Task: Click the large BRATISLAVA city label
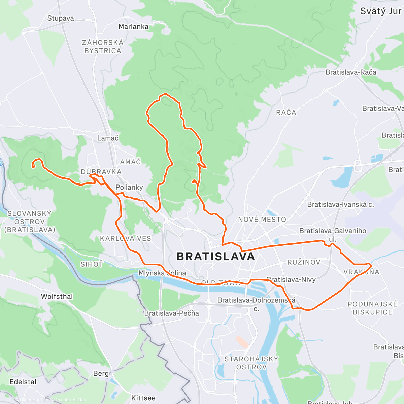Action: click(216, 257)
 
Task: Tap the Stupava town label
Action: click(61, 18)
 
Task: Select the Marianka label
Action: click(133, 26)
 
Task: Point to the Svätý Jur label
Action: click(380, 11)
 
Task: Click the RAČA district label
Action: click(286, 112)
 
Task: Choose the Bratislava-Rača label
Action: click(351, 72)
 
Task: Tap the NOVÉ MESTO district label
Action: click(262, 220)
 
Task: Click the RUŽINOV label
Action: click(304, 262)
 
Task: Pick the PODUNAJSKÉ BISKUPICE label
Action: click(372, 308)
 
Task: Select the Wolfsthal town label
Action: click(57, 296)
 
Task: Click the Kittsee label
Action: click(143, 398)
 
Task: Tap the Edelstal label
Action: click(23, 382)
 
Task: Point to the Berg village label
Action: click(101, 373)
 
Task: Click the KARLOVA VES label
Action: click(126, 238)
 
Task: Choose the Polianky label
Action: click(129, 187)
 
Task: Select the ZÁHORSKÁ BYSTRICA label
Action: click(103, 47)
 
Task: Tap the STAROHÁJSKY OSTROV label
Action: click(251, 363)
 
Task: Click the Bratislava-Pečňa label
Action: click(171, 313)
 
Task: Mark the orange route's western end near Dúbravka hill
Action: click(33, 166)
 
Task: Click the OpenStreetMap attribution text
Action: click(71, 400)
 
